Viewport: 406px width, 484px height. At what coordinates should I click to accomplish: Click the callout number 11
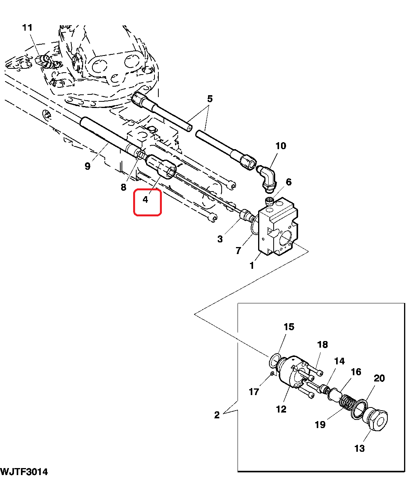pos(27,28)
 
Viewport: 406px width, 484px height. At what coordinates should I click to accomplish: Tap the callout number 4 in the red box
pos(146,200)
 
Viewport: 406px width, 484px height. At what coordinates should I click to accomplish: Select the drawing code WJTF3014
pos(24,472)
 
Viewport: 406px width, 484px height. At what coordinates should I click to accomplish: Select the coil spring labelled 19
pos(348,402)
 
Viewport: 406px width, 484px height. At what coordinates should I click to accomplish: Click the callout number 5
pos(210,99)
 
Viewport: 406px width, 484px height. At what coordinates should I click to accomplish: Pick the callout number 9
pos(87,166)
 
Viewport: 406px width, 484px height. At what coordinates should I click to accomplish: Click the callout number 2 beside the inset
pos(217,415)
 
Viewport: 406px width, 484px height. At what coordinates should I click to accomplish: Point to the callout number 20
pos(379,378)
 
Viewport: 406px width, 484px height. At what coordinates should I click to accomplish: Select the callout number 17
pos(254,392)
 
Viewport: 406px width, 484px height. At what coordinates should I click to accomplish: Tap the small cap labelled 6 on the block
pos(269,202)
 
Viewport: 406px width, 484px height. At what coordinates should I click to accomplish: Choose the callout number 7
pos(238,251)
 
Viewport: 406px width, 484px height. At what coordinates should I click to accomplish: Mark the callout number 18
pos(322,345)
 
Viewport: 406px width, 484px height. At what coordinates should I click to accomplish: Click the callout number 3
pos(220,239)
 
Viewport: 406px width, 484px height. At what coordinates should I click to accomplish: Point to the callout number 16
pos(356,372)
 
